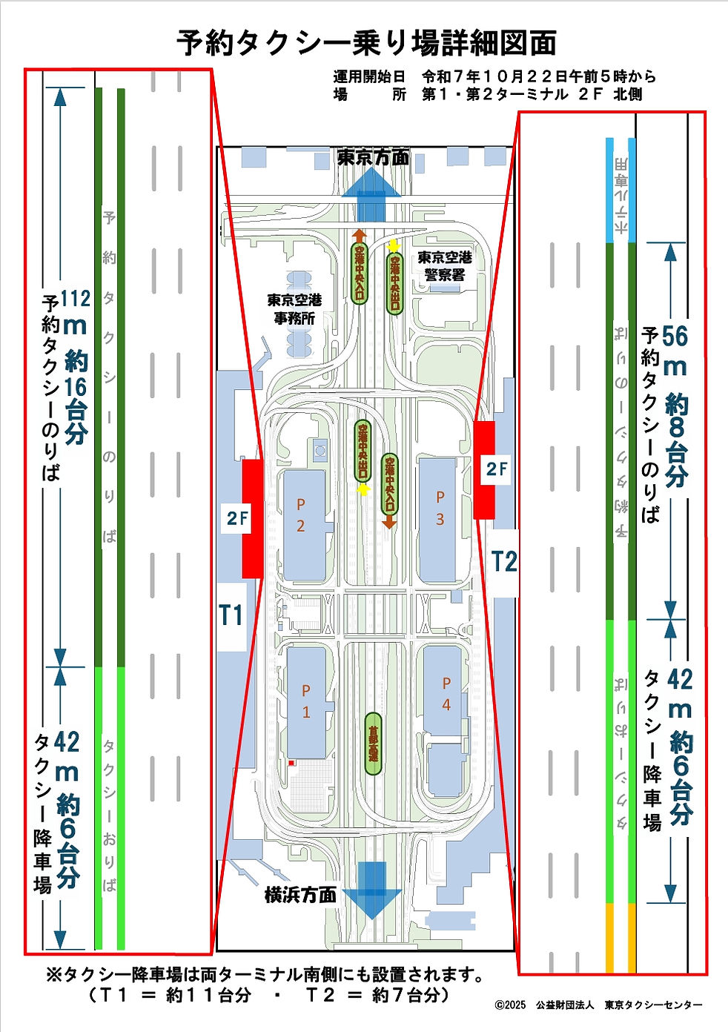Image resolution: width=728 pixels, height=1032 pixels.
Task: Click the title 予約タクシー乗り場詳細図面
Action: click(x=365, y=43)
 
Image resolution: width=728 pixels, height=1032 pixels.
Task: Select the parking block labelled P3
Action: click(x=438, y=519)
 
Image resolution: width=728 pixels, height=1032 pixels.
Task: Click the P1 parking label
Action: click(x=306, y=701)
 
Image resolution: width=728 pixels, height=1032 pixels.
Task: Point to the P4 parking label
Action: click(x=446, y=693)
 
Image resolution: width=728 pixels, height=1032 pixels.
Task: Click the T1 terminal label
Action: click(x=231, y=615)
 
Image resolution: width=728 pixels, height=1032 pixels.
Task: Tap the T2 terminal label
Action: click(x=504, y=561)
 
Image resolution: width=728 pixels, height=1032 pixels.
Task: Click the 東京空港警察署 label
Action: click(x=444, y=265)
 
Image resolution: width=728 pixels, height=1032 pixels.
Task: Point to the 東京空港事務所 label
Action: click(x=294, y=308)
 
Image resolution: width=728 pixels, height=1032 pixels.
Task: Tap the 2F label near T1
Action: click(x=237, y=518)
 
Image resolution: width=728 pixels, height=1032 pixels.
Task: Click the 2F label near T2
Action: click(x=497, y=469)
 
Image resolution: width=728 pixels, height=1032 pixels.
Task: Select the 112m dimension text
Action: click(x=75, y=298)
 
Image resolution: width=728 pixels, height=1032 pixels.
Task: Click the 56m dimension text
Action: click(x=675, y=337)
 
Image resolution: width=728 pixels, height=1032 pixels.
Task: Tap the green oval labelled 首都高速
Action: click(x=374, y=744)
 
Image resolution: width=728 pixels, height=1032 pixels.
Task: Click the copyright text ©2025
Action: click(x=510, y=1005)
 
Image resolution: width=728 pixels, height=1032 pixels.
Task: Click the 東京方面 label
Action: click(x=373, y=158)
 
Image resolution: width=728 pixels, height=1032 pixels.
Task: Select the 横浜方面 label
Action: click(x=300, y=894)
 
